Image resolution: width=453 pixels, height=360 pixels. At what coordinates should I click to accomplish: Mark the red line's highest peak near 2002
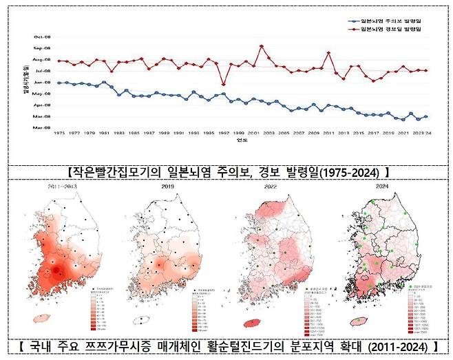coord(262,46)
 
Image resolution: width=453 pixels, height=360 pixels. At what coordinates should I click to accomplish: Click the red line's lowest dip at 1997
coord(224,84)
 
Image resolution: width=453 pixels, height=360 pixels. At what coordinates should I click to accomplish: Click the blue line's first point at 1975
coord(59,83)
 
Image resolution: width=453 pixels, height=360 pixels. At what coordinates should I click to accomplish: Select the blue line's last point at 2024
coord(427,116)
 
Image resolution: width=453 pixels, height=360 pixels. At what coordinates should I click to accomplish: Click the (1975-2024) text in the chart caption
coord(350,170)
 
